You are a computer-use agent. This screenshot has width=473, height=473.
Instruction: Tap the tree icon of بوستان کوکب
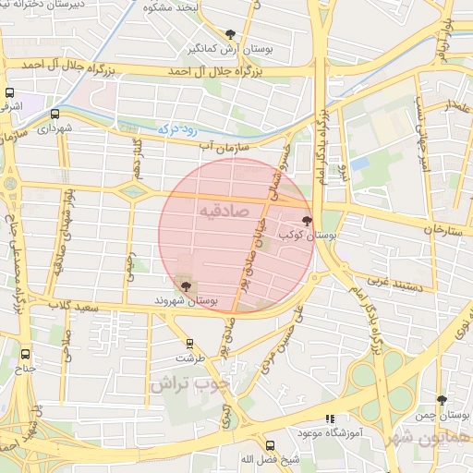307,221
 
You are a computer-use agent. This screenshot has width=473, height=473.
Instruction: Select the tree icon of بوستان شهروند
186,286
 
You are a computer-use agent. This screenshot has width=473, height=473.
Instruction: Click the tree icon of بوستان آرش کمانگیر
230,34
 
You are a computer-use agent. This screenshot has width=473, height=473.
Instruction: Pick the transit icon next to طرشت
189,342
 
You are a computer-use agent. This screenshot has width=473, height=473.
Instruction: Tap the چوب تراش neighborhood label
195,382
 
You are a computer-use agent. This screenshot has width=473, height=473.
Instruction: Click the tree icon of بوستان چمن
442,400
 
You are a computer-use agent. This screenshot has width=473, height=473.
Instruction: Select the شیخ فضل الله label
246,459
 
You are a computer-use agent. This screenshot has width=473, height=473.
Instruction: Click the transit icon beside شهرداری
55,115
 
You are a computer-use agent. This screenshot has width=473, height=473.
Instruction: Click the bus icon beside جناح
25,353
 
